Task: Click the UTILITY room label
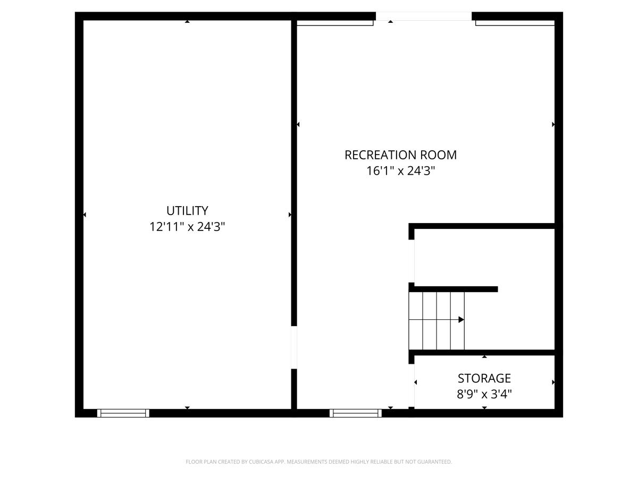click(187, 211)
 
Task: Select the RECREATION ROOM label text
click(400, 155)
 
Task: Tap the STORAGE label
click(484, 378)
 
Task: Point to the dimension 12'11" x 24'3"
click(187, 227)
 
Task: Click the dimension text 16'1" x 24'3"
click(400, 170)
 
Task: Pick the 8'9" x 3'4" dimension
click(484, 394)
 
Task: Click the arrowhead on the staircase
click(461, 320)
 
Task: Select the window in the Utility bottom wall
click(123, 413)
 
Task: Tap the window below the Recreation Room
click(356, 413)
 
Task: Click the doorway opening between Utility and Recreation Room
click(294, 347)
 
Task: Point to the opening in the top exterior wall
click(424, 16)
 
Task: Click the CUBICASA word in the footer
click(260, 462)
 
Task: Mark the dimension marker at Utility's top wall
click(187, 21)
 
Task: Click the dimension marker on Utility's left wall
click(85, 215)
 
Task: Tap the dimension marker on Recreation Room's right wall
click(553, 124)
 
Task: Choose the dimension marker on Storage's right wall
click(553, 382)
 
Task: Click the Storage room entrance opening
click(412, 386)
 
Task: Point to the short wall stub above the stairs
click(453, 289)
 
